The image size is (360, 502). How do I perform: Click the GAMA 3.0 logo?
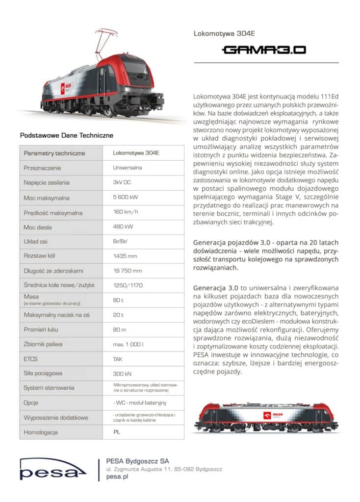pos(264,50)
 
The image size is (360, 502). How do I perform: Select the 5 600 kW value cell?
pos(126,198)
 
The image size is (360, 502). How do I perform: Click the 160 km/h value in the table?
pos(126,213)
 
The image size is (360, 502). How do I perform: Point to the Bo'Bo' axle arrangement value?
pos(121,242)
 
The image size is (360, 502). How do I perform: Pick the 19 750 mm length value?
pos(128,271)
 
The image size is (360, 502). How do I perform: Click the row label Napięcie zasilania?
pos(47,183)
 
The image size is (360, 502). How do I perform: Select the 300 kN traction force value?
pos(122,373)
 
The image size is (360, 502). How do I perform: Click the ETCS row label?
pos(30,359)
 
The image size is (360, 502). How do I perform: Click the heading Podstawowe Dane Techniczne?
pos(66,135)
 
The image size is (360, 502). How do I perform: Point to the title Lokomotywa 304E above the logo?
pos(218,34)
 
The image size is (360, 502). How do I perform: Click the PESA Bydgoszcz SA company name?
pos(137,461)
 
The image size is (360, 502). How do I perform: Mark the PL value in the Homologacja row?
pos(117,432)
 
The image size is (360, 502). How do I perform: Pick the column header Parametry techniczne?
pos(54,153)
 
